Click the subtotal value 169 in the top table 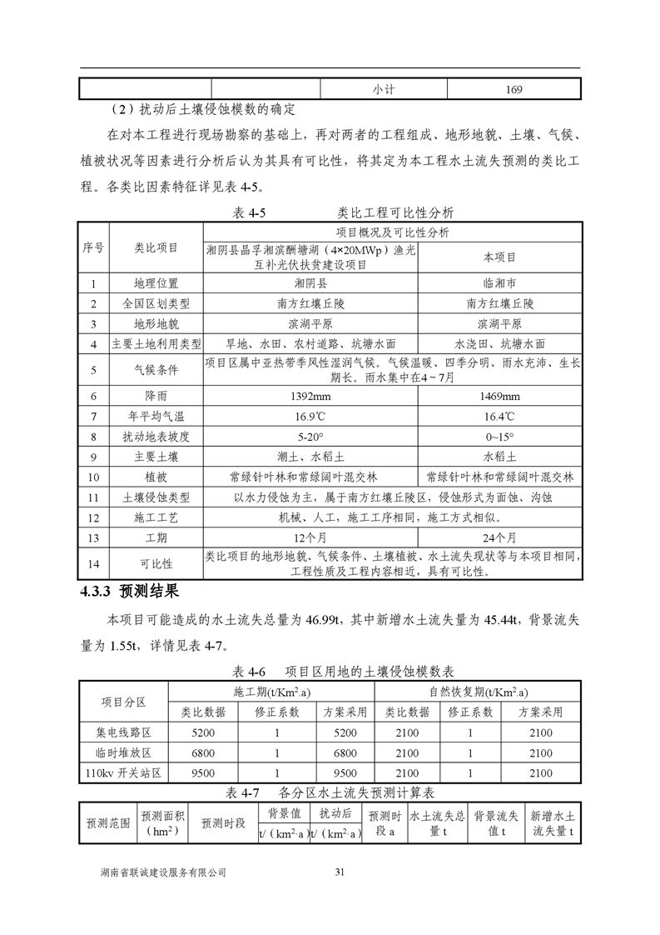(x=514, y=89)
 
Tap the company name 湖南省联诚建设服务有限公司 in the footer (x=163, y=872)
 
